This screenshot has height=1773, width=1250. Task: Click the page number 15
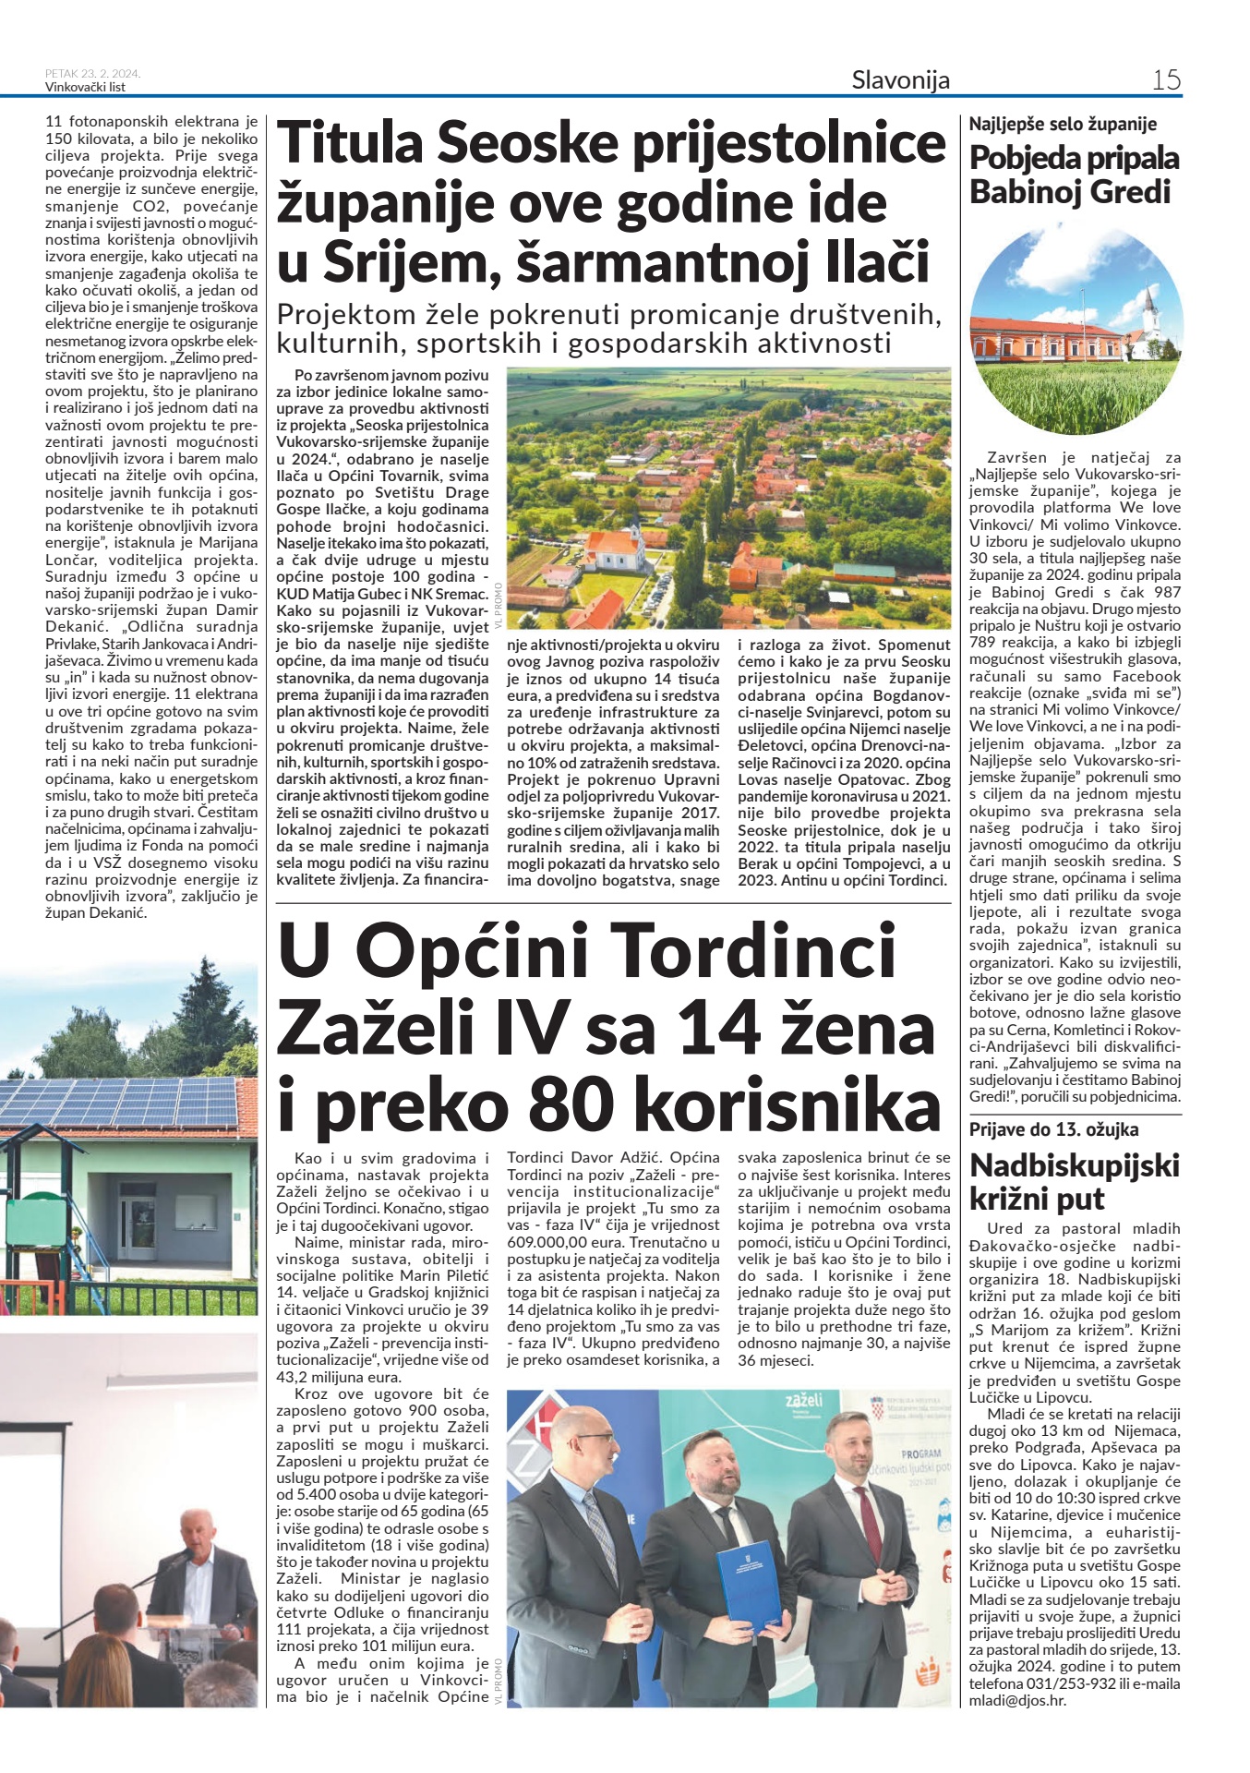[x=1166, y=80]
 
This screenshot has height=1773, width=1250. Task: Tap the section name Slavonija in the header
[x=900, y=80]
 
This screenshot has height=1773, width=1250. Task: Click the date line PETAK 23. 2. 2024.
[x=92, y=74]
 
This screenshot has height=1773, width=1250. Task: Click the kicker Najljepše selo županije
[x=1063, y=124]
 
